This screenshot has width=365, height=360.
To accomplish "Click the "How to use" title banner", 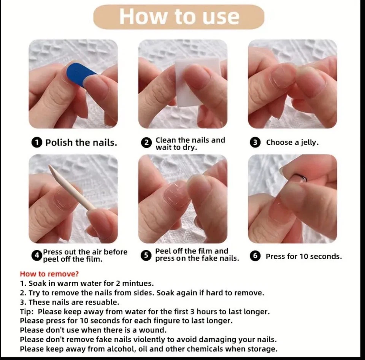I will pos(179,17).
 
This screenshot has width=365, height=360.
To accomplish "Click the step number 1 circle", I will pos(36,143).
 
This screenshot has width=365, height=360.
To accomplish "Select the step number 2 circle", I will pos(146,143).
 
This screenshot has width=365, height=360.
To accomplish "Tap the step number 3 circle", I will pos(255,143).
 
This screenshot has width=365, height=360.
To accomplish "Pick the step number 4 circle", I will pos(36,256).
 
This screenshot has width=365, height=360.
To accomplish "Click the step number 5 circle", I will pos(146,255).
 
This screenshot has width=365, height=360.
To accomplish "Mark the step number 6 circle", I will pos(255,256).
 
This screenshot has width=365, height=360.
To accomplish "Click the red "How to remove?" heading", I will pos(49,274).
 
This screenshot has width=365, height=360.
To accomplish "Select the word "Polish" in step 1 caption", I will pos(59,143).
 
